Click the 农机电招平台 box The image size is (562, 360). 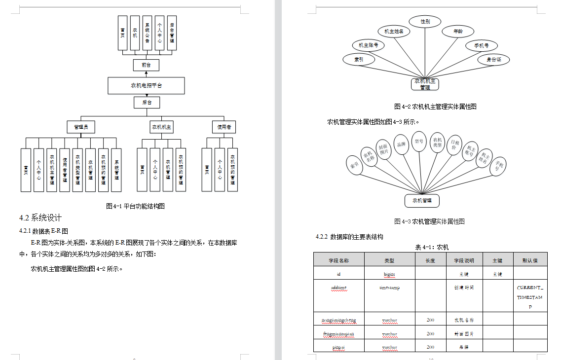pos(146,86)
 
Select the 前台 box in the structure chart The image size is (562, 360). pos(146,65)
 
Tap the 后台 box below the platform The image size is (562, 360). pos(147,103)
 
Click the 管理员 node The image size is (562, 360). pos(81,127)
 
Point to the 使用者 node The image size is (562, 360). pos(224,127)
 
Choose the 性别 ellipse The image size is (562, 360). pos(425,22)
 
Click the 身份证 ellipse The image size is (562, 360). pos(493,60)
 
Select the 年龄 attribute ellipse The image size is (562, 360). pos(458,32)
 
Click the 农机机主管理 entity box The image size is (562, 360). pos(425,84)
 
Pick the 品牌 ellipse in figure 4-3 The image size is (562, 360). pos(402,144)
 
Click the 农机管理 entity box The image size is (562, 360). pos(422,201)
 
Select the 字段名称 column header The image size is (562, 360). pos(338,260)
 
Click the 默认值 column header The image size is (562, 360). pos(530,260)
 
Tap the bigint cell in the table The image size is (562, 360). pos(389,274)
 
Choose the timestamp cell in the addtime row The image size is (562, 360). pos(389,288)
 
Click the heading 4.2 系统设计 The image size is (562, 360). pos(40,218)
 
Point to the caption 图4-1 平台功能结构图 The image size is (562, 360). pos(135,206)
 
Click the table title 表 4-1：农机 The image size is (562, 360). pos(432,247)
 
